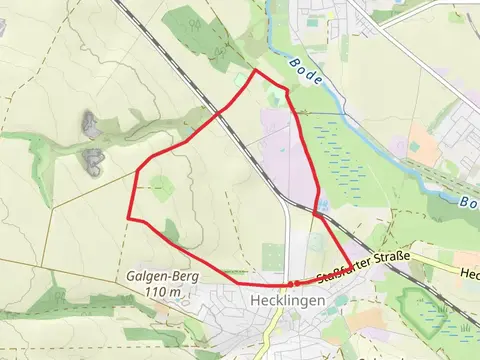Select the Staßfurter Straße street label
coord(363,267)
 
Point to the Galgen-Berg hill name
coord(162,276)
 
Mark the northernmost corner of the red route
coord(256,70)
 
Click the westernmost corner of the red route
coord(128,217)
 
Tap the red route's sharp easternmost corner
coord(351,268)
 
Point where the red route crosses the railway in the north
coord(221,111)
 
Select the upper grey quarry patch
coord(91,124)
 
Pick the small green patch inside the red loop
coord(160,184)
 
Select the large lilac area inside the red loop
coord(285,160)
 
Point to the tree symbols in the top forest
coord(190,25)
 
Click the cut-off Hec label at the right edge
coord(469,273)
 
